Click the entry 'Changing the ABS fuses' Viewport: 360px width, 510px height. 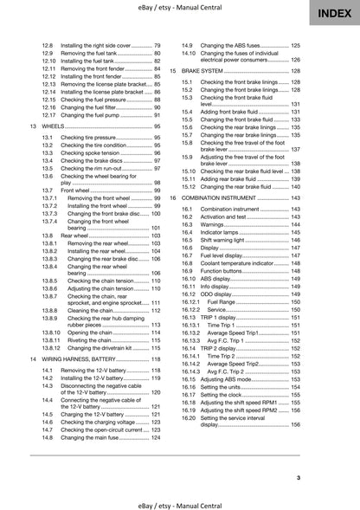[x=233, y=44]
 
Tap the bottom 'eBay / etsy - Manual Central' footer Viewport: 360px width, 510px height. [x=179, y=501]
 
